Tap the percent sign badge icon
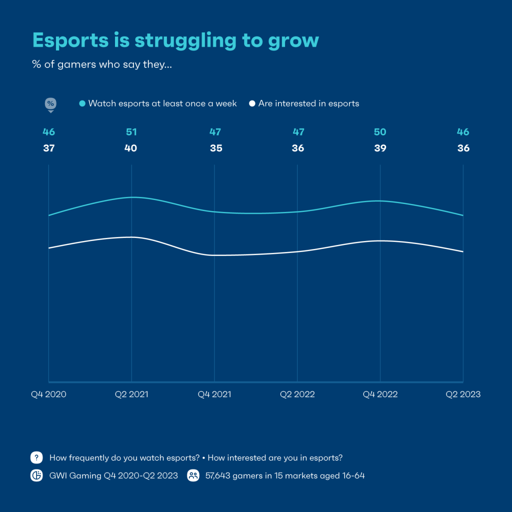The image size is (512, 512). point(50,103)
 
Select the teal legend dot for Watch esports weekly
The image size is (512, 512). point(82,103)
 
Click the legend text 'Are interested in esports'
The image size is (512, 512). point(308,103)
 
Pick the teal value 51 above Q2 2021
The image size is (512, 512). point(131,132)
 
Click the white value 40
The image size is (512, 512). point(131,148)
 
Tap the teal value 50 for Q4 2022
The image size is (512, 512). point(380,132)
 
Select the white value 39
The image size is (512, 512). point(380,148)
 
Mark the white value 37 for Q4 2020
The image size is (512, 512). point(48,148)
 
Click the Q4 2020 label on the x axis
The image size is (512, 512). point(48,394)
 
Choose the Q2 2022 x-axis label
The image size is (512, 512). point(297,394)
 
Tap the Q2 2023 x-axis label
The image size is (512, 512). point(463,394)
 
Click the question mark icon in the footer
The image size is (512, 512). point(37,457)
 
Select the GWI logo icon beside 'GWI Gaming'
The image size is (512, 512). point(37,475)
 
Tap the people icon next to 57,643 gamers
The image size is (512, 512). point(193,475)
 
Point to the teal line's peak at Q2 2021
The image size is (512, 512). point(131,197)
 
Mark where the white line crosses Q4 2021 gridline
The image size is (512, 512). point(214,255)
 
